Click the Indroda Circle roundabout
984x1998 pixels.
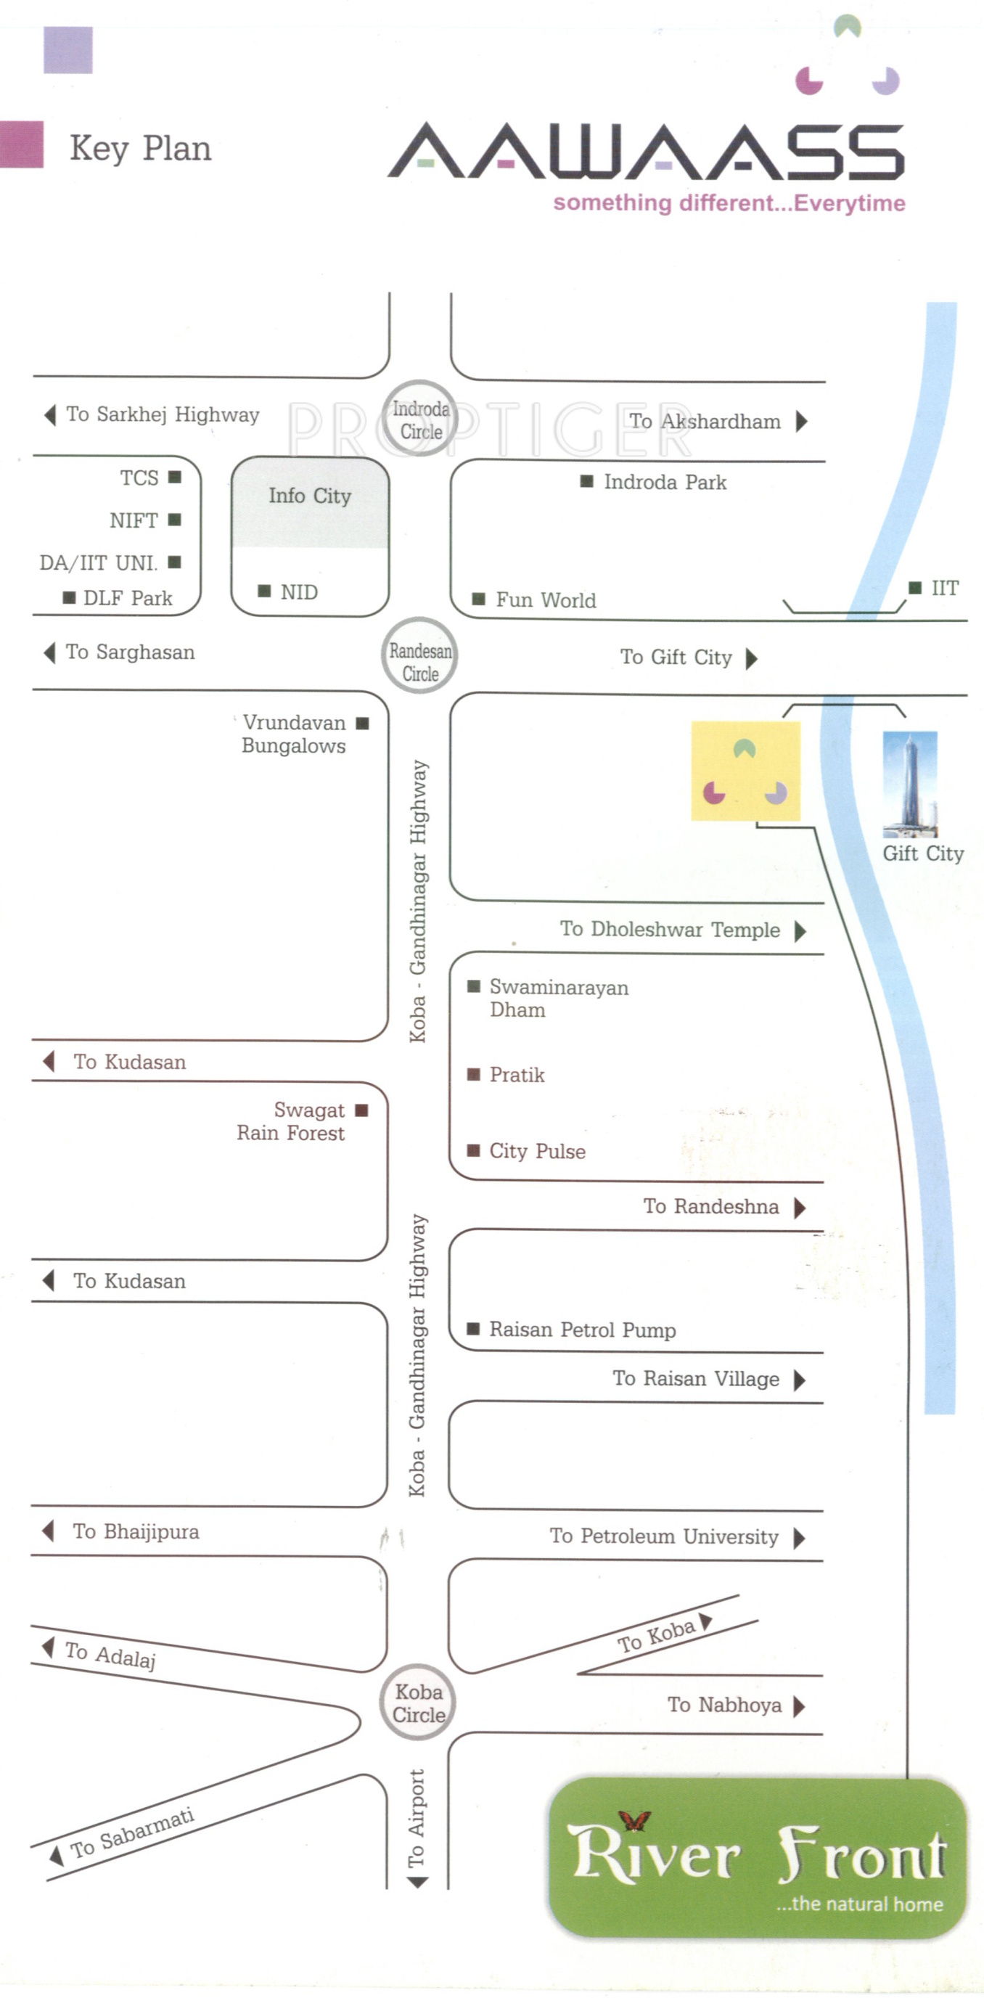[x=420, y=419]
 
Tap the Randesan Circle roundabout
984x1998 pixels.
[x=419, y=656]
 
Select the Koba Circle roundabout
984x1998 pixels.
[x=418, y=1703]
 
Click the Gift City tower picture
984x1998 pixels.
[x=910, y=784]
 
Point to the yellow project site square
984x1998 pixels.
[x=745, y=771]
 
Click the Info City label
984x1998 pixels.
[x=309, y=496]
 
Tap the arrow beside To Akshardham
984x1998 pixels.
[x=802, y=421]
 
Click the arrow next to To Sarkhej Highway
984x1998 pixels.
[x=50, y=415]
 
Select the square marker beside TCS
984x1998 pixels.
[x=175, y=477]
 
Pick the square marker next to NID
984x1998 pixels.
[x=264, y=591]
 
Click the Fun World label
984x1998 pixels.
[x=546, y=600]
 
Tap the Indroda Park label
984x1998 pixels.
[x=665, y=483]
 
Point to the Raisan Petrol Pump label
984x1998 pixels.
[x=582, y=1330]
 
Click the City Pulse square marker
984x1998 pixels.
[x=473, y=1150]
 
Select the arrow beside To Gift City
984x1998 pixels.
[x=751, y=658]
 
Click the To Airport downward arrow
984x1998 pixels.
[x=417, y=1883]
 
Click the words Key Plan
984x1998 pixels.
[x=140, y=148]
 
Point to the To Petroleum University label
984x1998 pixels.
[x=664, y=1536]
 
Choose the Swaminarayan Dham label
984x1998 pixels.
[x=558, y=998]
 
